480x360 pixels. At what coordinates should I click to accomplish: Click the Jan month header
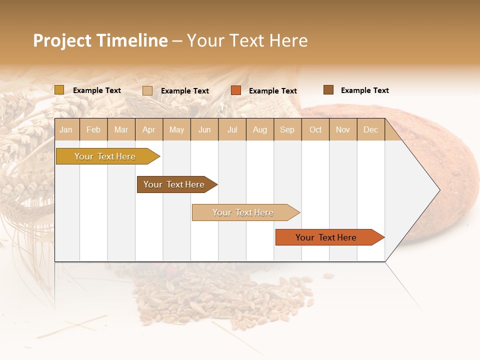click(x=66, y=129)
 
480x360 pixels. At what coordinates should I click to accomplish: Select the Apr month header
click(x=149, y=129)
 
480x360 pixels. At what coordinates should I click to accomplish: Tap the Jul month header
click(x=232, y=129)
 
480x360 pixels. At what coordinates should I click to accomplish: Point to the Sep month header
click(x=287, y=129)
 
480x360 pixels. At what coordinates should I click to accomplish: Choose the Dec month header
click(x=370, y=129)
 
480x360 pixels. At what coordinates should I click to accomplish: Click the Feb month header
click(x=93, y=129)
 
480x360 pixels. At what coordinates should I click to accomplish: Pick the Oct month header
click(x=315, y=129)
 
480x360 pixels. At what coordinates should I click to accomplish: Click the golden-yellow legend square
click(x=59, y=90)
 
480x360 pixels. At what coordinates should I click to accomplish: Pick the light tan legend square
click(x=147, y=90)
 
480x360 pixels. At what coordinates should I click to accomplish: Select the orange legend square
click(x=236, y=90)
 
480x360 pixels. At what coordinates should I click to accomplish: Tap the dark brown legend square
click(x=328, y=90)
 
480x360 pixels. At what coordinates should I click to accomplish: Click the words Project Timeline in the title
click(x=100, y=40)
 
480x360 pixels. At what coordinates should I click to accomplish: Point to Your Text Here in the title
click(x=247, y=40)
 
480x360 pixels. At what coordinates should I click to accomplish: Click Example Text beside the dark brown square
click(x=364, y=90)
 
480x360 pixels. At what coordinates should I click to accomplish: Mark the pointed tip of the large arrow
click(x=438, y=190)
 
